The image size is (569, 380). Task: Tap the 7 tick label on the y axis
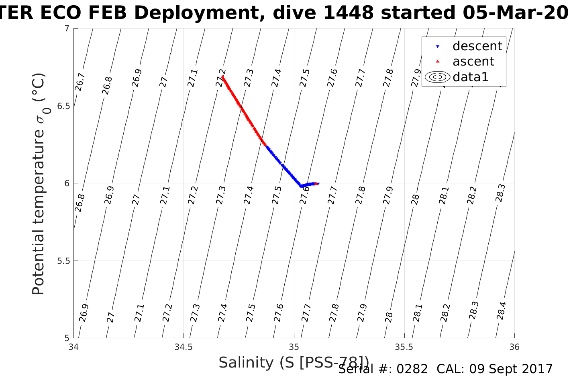[x=67, y=29]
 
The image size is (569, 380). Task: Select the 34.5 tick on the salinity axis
[x=184, y=347]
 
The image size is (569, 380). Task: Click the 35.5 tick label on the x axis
[x=404, y=347]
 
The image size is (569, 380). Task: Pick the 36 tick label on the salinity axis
[x=514, y=347]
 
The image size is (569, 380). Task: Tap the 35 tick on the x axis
[x=294, y=347]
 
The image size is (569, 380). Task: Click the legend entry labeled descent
[x=477, y=46]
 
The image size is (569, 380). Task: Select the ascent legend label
[x=473, y=62]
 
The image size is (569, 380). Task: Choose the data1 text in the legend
[x=470, y=77]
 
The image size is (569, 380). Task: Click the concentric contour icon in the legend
[x=438, y=77]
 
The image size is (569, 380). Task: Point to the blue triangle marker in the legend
[x=438, y=47]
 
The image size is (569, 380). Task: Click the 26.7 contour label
[x=80, y=82]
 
